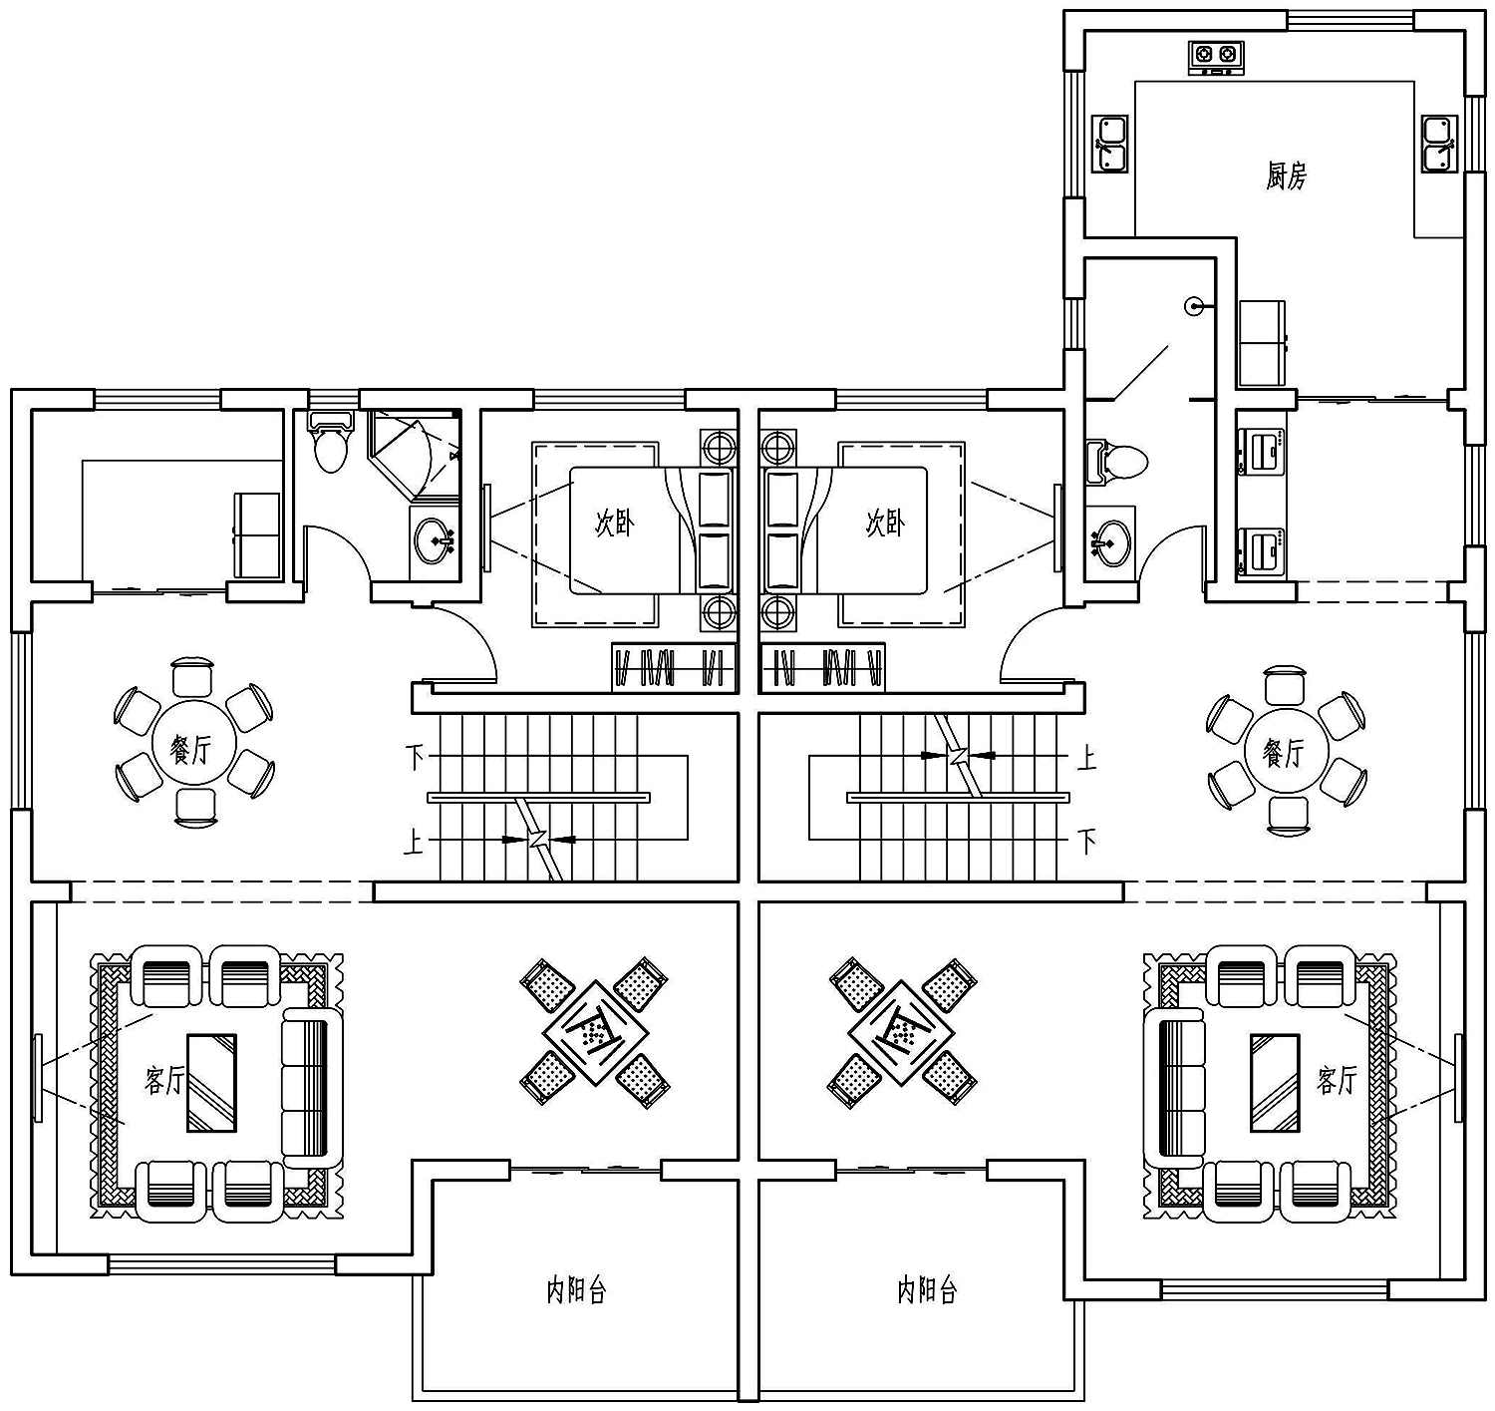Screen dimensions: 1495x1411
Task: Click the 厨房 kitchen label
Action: pyautogui.click(x=1286, y=176)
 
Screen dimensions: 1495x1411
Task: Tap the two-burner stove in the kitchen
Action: pyautogui.click(x=1216, y=58)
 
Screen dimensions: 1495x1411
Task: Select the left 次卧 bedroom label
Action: pyautogui.click(x=614, y=523)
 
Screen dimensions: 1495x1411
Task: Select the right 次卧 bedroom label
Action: pyautogui.click(x=885, y=523)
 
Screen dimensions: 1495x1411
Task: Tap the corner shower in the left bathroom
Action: pyautogui.click(x=414, y=455)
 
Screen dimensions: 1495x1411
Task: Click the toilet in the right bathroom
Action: pyautogui.click(x=1116, y=461)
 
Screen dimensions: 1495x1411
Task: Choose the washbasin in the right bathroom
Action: pyautogui.click(x=1109, y=541)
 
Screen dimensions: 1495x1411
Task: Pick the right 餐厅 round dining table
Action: pyautogui.click(x=1286, y=750)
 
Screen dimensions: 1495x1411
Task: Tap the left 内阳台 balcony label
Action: pyautogui.click(x=577, y=1290)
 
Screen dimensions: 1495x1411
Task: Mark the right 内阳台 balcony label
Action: pyautogui.click(x=928, y=1290)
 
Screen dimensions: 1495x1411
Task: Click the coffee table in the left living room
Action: pyautogui.click(x=211, y=1083)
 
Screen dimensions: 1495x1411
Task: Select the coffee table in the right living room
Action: pyautogui.click(x=1275, y=1083)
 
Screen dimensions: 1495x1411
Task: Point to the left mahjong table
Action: pyautogui.click(x=595, y=1033)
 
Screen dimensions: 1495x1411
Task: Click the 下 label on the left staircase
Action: pyautogui.click(x=415, y=757)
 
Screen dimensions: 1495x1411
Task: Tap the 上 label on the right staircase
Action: pyautogui.click(x=1087, y=757)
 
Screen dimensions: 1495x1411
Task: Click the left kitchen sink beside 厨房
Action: pyautogui.click(x=1109, y=144)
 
